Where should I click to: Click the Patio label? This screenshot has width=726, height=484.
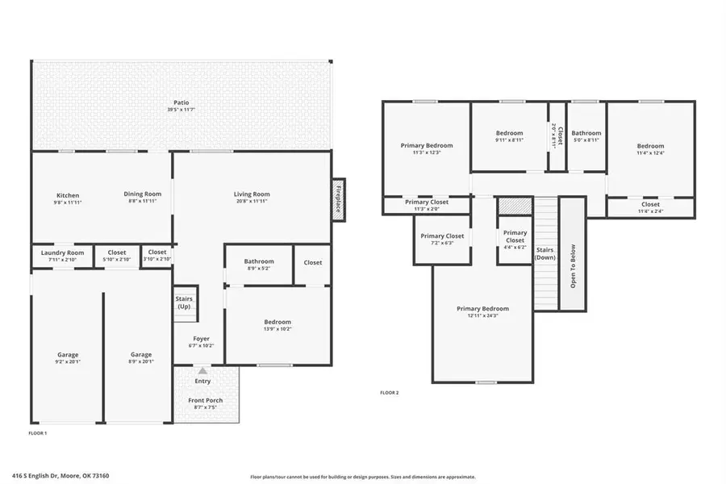[x=181, y=102]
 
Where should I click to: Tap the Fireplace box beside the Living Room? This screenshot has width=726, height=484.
[x=339, y=198]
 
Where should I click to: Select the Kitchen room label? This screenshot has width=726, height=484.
[x=68, y=194]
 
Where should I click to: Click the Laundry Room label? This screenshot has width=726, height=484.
[x=63, y=252]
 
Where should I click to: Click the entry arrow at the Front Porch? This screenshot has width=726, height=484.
[x=202, y=370]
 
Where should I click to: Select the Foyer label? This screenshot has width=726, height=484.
[x=202, y=338]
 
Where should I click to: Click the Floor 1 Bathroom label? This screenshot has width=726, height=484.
[x=259, y=261]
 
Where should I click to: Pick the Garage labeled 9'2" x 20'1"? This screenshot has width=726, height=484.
[x=68, y=361]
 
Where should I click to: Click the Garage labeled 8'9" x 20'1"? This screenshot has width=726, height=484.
[x=141, y=361]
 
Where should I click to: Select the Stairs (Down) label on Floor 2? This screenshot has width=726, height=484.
[x=545, y=254]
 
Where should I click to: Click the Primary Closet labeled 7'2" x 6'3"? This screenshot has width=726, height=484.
[x=443, y=239]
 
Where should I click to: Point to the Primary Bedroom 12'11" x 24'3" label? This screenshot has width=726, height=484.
[x=482, y=312]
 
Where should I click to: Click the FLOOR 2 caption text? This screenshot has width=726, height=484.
[x=390, y=393]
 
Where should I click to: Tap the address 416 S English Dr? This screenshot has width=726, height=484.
[x=72, y=476]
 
